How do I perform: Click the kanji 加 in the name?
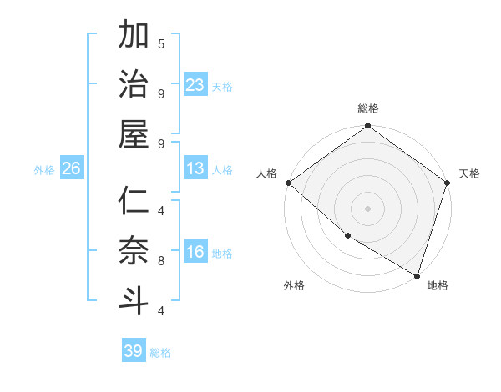click(134, 38)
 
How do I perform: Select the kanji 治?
click(134, 87)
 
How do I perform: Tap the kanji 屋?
click(134, 135)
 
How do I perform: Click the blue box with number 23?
click(195, 85)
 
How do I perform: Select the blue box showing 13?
click(195, 169)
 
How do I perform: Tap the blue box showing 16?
click(195, 253)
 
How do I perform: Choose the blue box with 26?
click(71, 169)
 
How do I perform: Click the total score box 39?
click(133, 351)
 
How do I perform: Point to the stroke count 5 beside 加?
click(161, 43)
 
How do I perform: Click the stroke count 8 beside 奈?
click(161, 260)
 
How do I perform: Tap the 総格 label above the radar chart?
click(368, 108)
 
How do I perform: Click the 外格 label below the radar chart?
click(293, 286)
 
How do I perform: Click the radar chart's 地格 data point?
click(417, 275)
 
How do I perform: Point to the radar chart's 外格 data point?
click(347, 236)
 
